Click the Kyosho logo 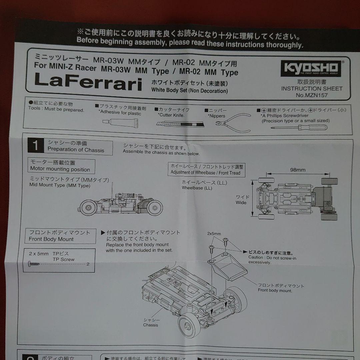coord(310,68)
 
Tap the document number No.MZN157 coord(312,95)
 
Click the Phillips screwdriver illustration coord(299,127)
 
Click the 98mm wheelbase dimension coord(298,170)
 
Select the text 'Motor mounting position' coord(60,169)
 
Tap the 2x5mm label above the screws coord(214,234)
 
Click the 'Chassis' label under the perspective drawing coord(151,325)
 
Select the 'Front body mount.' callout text coord(275,290)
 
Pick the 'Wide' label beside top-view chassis coord(241,202)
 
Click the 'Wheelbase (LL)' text coord(197,188)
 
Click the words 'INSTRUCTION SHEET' coord(312,89)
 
